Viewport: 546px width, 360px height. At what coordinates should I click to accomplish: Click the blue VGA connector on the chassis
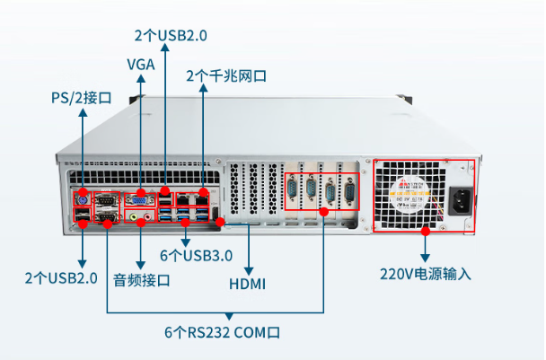pyautogui.click(x=137, y=199)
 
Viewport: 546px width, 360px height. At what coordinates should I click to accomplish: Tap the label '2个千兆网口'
pyautogui.click(x=226, y=75)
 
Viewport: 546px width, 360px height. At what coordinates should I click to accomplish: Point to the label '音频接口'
pyautogui.click(x=142, y=279)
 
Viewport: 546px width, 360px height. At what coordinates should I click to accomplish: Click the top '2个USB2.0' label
pyautogui.click(x=171, y=36)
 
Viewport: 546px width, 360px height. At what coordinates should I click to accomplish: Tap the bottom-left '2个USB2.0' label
pyautogui.click(x=61, y=277)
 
